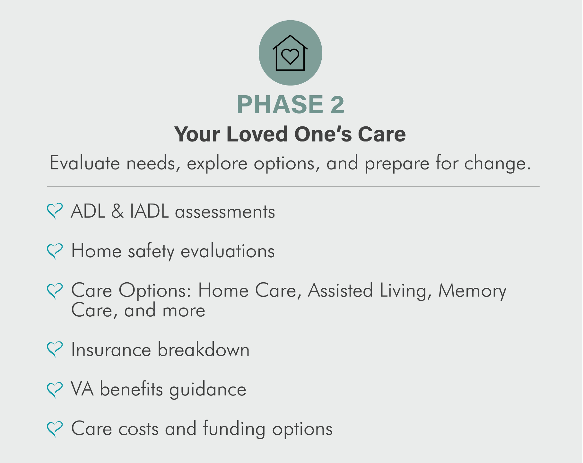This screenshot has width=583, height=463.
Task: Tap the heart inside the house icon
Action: tap(290, 57)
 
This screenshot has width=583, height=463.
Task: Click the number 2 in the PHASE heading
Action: tap(337, 104)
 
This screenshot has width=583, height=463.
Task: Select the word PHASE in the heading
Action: tap(280, 104)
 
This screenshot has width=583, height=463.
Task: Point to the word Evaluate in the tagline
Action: tap(85, 163)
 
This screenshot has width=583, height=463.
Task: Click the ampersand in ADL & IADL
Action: tap(117, 212)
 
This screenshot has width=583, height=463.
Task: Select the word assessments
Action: tap(225, 212)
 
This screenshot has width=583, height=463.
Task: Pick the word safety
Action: tap(151, 251)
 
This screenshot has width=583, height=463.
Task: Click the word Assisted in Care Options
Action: tap(340, 290)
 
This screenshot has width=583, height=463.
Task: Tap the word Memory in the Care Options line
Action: tap(472, 291)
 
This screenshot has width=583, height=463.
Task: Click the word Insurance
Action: tap(111, 350)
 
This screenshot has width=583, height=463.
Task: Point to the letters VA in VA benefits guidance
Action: tap(83, 389)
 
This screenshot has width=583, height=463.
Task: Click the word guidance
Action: tap(208, 389)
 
